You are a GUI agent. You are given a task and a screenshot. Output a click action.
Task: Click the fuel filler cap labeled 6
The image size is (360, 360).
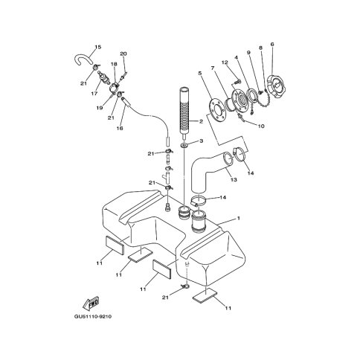277,85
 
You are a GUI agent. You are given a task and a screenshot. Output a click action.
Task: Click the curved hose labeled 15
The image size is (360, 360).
82,60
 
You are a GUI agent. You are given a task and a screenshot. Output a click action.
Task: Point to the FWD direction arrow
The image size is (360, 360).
91,303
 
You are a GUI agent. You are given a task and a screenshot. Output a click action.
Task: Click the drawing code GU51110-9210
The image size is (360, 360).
93,317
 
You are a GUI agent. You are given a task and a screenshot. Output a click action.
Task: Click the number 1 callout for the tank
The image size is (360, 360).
239,218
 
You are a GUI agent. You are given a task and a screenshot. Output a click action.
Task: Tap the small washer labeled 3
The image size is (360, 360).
184,144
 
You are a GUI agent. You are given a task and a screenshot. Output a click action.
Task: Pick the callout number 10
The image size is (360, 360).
261,126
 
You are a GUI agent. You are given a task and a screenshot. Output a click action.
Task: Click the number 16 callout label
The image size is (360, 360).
120,128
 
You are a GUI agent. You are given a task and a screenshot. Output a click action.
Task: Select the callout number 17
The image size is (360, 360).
94,94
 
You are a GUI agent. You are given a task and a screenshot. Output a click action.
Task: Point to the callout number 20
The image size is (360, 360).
123,54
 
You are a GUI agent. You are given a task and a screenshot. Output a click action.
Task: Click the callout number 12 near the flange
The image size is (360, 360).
225,62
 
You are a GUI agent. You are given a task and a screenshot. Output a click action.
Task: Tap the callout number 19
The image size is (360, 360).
100,108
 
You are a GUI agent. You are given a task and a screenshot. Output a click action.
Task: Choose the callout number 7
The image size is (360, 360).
213,68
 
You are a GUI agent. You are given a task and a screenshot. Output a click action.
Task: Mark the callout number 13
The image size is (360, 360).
234,179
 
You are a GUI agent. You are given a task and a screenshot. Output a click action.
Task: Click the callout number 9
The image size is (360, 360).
248,53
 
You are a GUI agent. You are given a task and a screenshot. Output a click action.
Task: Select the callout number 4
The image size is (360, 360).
237,57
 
